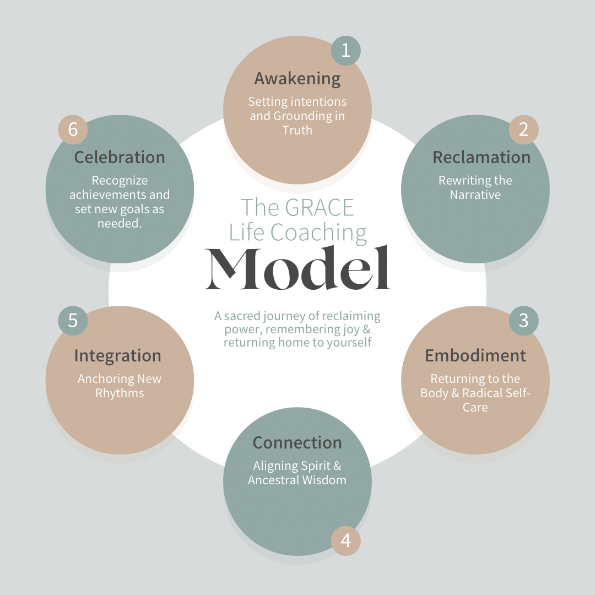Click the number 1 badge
[x=345, y=51]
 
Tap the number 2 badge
[x=523, y=129]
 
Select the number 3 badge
[x=523, y=321]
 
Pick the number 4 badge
[x=345, y=540]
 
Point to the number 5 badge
[x=73, y=321]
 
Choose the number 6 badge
[x=73, y=130]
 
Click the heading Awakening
[x=297, y=79]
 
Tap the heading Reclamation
[x=482, y=158]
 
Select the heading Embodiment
[x=475, y=355]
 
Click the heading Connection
[x=297, y=443]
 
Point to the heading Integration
[x=118, y=356]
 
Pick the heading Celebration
[x=120, y=158]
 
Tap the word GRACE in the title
[x=320, y=208]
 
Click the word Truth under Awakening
[x=297, y=131]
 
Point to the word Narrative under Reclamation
[x=475, y=194]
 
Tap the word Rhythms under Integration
[x=120, y=393]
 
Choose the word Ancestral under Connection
[x=272, y=480]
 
